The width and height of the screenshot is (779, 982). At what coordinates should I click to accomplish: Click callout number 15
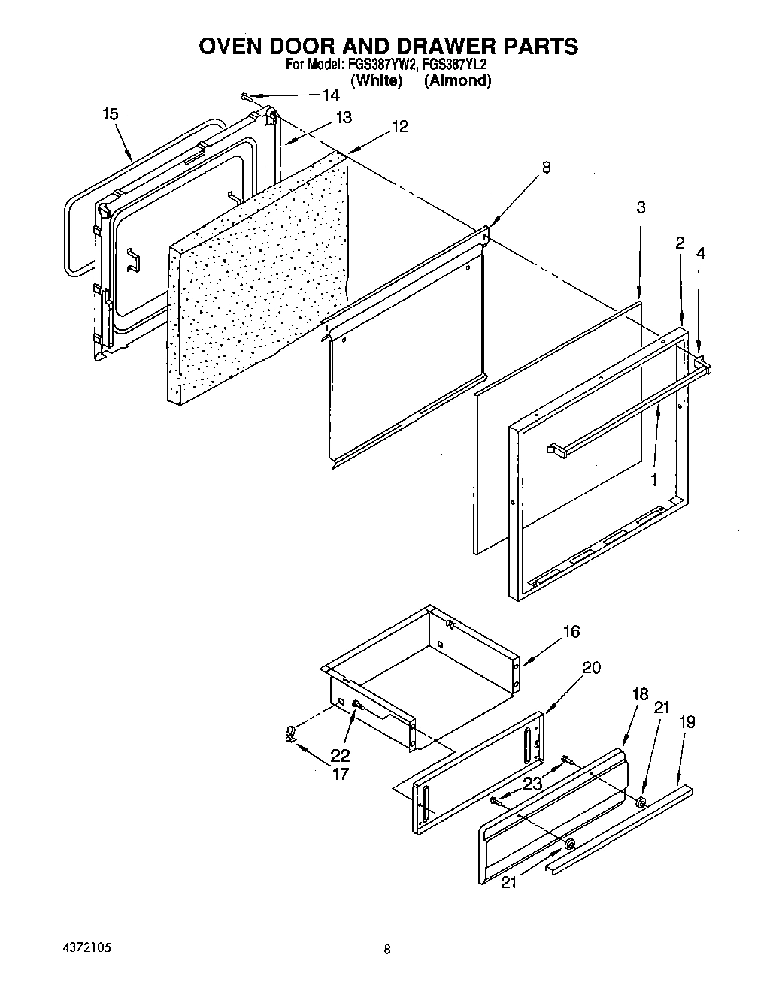[111, 114]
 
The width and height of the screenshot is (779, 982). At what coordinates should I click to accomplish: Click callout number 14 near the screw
[330, 95]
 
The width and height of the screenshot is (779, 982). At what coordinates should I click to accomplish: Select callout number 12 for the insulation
[399, 127]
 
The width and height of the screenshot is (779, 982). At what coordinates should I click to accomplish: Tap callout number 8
[546, 168]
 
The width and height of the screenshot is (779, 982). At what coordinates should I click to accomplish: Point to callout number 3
[641, 207]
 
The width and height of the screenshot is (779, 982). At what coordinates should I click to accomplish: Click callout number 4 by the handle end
[701, 254]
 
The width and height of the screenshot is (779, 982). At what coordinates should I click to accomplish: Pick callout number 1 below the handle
[653, 479]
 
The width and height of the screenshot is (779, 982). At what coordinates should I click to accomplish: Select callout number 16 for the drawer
[571, 631]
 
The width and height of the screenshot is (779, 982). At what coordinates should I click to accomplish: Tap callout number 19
[687, 722]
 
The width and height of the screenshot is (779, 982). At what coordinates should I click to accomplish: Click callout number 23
[532, 784]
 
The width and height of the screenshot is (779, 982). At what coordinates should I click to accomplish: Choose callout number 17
[340, 773]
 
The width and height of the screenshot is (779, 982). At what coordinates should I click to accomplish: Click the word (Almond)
[457, 81]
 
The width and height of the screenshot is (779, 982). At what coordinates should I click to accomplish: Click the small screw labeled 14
[245, 96]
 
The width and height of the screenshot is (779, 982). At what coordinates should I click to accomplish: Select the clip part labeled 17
[290, 733]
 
